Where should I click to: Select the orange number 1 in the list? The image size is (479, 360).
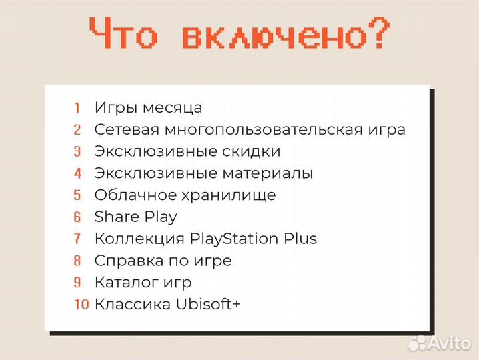pyautogui.click(x=77, y=107)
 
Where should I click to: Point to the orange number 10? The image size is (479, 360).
pyautogui.click(x=81, y=305)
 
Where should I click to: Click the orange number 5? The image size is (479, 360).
pyautogui.click(x=77, y=195)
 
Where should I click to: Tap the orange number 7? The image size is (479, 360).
pyautogui.click(x=77, y=239)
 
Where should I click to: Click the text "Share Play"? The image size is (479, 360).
pyautogui.click(x=136, y=217)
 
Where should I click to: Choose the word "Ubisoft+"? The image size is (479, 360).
pyautogui.click(x=208, y=305)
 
